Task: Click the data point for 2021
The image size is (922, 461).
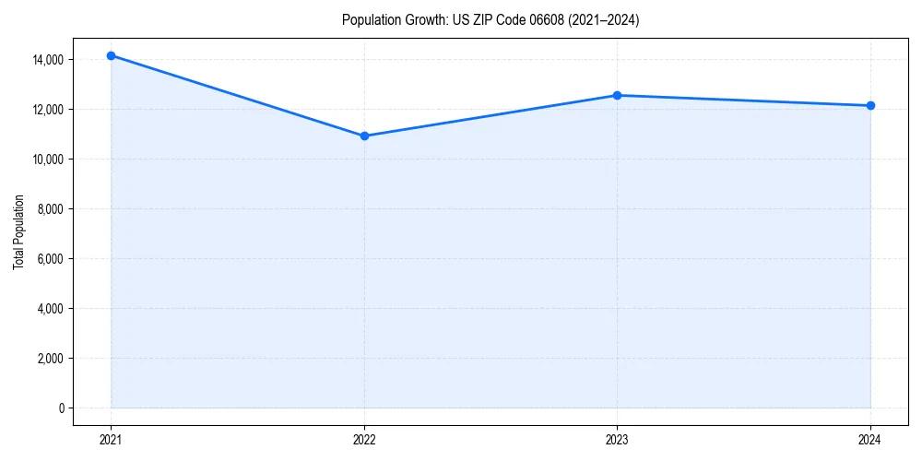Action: point(111,55)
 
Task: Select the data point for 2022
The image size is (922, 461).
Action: point(364,136)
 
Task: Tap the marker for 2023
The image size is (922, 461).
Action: point(617,95)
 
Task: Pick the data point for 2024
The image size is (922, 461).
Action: point(870,105)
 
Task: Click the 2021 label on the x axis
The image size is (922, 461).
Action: point(111,440)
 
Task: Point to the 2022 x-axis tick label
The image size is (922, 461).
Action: point(364,440)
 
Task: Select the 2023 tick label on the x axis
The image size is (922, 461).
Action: point(617,440)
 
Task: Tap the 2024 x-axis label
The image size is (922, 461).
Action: point(870,440)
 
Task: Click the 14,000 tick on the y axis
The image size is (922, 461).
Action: point(46,60)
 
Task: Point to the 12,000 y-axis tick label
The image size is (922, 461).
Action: point(46,110)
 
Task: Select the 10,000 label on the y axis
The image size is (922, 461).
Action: point(46,160)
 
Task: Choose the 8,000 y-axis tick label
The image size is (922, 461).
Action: point(49,209)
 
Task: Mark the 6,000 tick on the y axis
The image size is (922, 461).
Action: point(49,259)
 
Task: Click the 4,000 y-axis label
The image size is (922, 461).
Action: point(49,309)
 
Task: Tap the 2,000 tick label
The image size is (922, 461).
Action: point(49,359)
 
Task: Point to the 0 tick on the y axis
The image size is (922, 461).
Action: point(61,408)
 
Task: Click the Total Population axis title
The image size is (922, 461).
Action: point(18,231)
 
